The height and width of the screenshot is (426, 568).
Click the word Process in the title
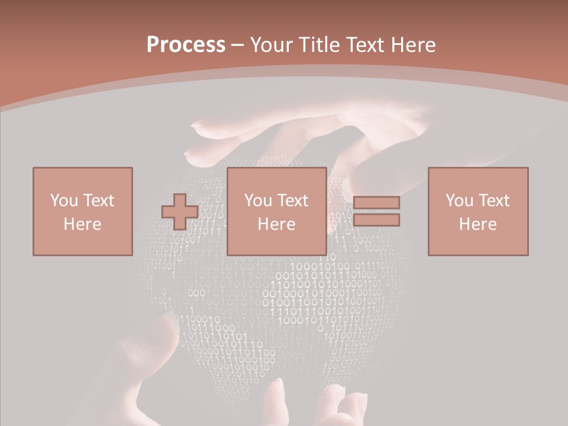(186, 45)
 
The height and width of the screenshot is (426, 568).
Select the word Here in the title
(411, 45)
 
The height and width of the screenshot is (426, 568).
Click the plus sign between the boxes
(180, 212)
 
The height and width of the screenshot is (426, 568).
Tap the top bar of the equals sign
(376, 202)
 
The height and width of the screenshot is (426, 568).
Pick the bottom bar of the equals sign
(376, 220)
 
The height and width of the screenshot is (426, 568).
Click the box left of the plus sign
(82, 211)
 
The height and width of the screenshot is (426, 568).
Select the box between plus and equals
(276, 211)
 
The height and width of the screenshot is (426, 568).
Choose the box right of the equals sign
(477, 211)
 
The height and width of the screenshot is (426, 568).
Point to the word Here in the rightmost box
(477, 224)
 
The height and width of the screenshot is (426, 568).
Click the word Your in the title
(273, 45)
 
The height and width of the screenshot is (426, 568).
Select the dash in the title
(237, 45)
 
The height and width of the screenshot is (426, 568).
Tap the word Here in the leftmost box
(82, 224)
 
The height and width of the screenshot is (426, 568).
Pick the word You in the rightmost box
(459, 201)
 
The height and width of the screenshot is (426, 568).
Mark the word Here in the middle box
(276, 224)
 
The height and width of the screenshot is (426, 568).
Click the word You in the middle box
(258, 201)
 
